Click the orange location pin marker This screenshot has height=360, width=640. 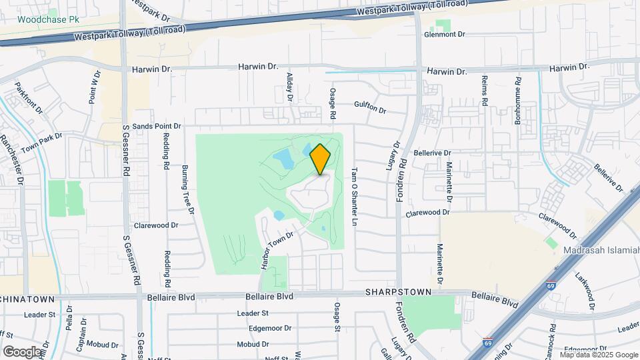[321, 159]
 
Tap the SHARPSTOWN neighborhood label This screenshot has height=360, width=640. [399, 293]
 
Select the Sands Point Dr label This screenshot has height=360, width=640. [157, 126]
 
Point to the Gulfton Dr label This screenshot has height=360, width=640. [371, 107]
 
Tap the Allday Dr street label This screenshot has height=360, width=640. [290, 87]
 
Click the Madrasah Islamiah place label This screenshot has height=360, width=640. [601, 250]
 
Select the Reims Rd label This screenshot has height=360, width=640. [485, 91]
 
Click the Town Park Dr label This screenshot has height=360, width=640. [41, 142]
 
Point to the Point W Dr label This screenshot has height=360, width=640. [93, 87]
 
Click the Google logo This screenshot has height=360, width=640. [22, 351]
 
